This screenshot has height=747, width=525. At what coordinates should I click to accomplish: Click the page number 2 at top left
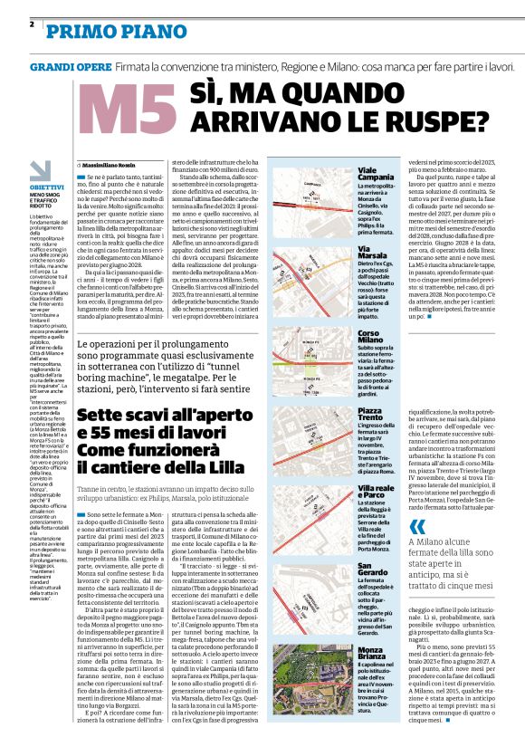click(32, 24)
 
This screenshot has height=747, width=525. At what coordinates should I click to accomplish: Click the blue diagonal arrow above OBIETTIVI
click(39, 169)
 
